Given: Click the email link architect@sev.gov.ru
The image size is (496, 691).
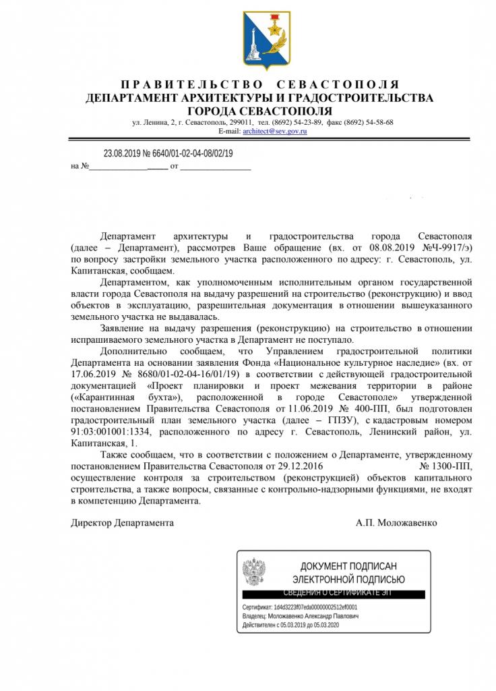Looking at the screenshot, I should coord(270,132).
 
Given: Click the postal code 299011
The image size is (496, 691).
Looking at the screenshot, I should coord(241,123).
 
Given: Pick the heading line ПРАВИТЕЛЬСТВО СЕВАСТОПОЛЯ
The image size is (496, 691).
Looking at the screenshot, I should coord(259,85).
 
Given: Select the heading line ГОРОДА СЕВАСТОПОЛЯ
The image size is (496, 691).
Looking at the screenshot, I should coord(259,111).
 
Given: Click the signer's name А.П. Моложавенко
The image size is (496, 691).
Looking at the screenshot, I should coord(397,523).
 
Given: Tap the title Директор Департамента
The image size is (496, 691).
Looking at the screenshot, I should coord(123,523).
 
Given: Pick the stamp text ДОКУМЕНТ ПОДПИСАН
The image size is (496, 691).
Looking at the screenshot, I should coord(348,565).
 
